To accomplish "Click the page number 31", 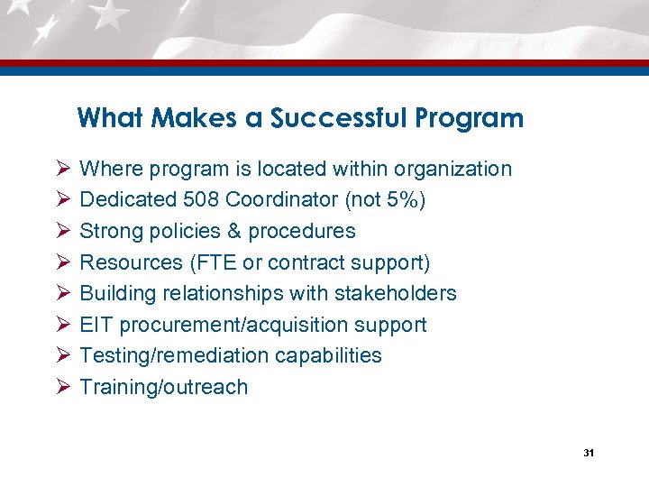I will click(588, 453).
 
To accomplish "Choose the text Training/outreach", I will click(163, 387).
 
